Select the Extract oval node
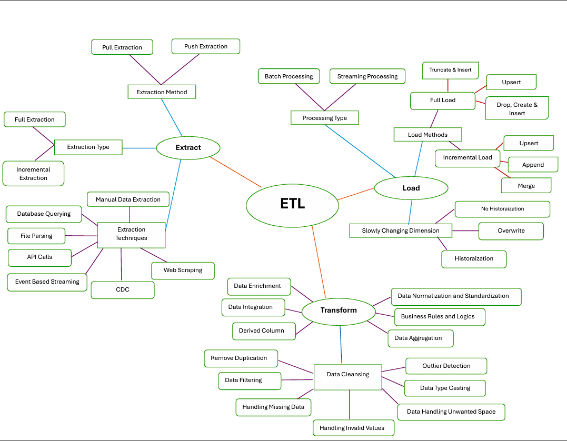click(188, 148)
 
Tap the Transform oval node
click(339, 310)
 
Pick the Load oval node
click(411, 188)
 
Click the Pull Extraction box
click(122, 47)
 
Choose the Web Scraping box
click(183, 270)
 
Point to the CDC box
click(123, 290)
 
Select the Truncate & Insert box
click(450, 70)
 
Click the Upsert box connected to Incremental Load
click(529, 143)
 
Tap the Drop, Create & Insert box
click(516, 108)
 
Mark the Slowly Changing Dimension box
click(401, 231)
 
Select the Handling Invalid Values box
click(353, 428)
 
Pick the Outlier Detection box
click(446, 366)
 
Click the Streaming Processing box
click(367, 76)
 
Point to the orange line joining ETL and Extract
click(235, 172)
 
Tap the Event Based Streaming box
click(47, 282)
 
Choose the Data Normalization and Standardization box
click(455, 296)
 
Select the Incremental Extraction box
click(33, 174)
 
